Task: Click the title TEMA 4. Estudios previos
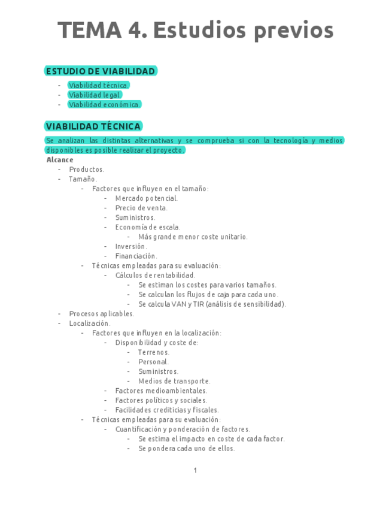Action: (x=195, y=30)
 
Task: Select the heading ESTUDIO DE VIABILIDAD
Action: (x=101, y=71)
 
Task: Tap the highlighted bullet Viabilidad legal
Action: (x=95, y=95)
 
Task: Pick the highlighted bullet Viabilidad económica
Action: (x=105, y=104)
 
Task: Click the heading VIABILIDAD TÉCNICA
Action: (x=93, y=126)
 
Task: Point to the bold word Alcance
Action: (x=60, y=160)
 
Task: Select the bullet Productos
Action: (x=86, y=170)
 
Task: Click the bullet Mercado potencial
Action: (x=146, y=198)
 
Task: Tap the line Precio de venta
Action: (x=141, y=208)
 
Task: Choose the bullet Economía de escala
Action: (x=147, y=227)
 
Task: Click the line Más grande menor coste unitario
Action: (x=193, y=237)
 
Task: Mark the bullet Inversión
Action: (x=130, y=246)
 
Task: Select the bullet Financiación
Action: (x=136, y=256)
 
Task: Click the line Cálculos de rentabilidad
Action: (x=155, y=275)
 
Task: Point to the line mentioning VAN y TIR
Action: (x=212, y=304)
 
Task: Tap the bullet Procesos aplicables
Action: (x=101, y=313)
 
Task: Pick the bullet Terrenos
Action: (x=154, y=352)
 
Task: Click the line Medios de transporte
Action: (x=174, y=381)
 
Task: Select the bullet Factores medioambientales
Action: (x=161, y=391)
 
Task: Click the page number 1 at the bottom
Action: (x=195, y=470)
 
